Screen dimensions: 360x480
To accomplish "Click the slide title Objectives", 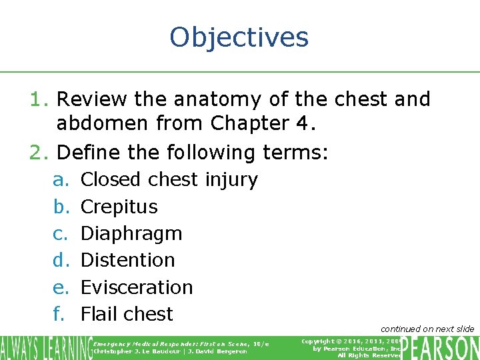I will click(239, 37).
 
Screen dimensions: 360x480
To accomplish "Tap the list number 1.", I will click(38, 99).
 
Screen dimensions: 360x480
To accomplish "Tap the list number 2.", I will click(38, 153).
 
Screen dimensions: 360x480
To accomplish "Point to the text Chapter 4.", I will click(254, 123).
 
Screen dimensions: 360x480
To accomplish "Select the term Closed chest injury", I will click(169, 179).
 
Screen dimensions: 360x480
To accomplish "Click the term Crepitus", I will click(119, 207).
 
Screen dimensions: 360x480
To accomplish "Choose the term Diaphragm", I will click(131, 233).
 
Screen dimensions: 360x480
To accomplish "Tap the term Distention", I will click(127, 260).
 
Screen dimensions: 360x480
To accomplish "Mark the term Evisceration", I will click(137, 287).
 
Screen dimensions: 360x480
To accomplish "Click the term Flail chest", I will click(127, 314).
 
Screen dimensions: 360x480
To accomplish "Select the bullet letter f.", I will click(59, 314).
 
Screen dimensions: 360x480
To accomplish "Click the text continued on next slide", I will click(427, 329).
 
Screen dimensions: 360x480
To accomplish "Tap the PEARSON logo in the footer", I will click(440, 348).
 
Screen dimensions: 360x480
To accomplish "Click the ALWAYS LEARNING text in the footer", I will click(45, 348).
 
